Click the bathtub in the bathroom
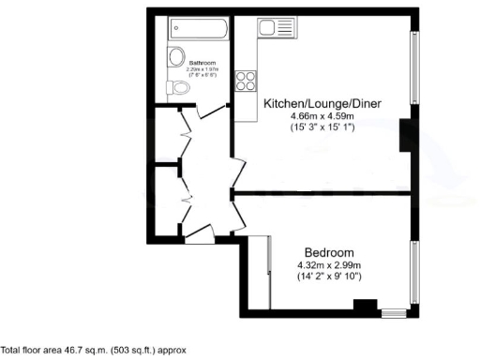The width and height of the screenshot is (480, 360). [198, 29]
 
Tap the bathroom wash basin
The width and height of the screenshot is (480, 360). [174, 57]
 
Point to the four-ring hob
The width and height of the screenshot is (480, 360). [247, 82]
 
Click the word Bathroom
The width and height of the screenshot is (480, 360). [202, 63]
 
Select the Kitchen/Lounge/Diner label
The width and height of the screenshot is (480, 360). [322, 103]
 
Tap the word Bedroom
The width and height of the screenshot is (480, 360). [329, 253]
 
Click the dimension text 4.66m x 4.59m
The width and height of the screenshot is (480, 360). [322, 115]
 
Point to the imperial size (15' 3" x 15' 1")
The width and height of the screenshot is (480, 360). [322, 127]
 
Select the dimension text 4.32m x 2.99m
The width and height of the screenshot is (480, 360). [329, 265]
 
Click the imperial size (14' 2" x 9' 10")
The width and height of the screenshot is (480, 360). [329, 277]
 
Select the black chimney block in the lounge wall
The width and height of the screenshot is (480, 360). [405, 136]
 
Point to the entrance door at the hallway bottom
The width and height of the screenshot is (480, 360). [200, 235]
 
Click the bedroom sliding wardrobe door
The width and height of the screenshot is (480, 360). [270, 272]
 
